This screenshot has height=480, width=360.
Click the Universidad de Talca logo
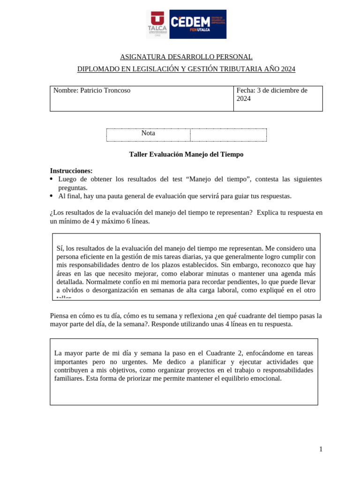pos(157,24)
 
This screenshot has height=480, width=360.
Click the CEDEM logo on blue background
pos(197,24)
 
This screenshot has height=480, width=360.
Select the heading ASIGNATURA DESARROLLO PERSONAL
pos(186,57)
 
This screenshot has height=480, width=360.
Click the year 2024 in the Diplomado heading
pos(288,69)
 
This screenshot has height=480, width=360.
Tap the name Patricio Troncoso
pos(105,90)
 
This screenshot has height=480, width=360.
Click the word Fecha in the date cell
pos(245,90)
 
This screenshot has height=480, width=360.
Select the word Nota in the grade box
pos(148,133)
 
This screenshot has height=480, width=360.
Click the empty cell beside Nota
pos(228,135)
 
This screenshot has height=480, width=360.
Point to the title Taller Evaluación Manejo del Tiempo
pos(186,154)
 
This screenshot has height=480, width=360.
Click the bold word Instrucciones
pos(71,171)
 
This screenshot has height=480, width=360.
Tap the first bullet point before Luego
pos(52,180)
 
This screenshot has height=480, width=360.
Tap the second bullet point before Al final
pos(52,196)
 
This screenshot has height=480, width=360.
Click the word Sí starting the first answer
pos(60,248)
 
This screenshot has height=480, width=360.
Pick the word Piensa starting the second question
pos(60,316)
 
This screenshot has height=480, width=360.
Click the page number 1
pos(321,449)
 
